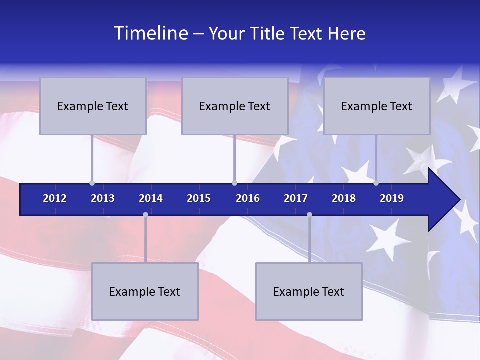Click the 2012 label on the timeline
[55, 198]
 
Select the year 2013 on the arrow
[103, 198]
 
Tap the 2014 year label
[151, 198]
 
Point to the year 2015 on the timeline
[199, 198]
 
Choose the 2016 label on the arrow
[248, 198]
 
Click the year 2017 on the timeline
[296, 198]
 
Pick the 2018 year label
[344, 198]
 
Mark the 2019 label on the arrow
[392, 198]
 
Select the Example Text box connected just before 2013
[93, 106]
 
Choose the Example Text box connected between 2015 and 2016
[235, 106]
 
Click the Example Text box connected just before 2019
[377, 106]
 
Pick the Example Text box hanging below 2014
[145, 291]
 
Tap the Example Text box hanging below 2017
[309, 291]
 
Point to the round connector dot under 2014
[145, 214]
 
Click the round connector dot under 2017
[309, 214]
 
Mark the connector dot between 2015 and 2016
[234, 183]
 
